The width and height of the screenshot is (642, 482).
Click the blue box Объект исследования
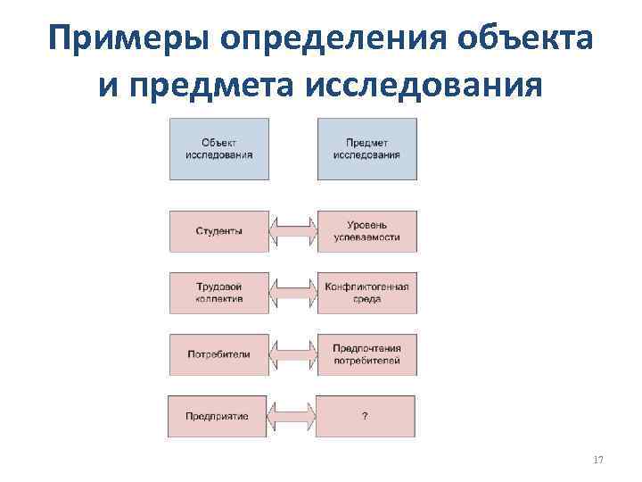coord(218,148)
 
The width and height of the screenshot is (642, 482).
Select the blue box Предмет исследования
coord(366,148)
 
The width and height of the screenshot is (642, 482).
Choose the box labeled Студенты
coord(218,231)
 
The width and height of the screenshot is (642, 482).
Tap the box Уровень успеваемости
coord(366,231)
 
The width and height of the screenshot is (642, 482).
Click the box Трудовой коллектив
coord(218,293)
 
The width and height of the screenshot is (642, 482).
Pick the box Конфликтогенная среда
coord(366,293)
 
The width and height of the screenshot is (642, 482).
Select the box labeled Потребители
coord(218,353)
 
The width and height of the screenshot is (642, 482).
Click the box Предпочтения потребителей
coord(366,353)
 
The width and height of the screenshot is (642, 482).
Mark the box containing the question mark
coord(366,416)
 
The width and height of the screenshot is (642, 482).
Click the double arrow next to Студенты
coord(292,231)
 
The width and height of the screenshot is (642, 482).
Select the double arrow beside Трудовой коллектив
coord(292,293)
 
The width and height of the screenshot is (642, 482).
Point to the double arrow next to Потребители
coord(292,353)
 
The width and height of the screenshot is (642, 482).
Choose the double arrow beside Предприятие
coord(292,416)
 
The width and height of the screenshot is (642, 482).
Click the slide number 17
coord(597,460)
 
